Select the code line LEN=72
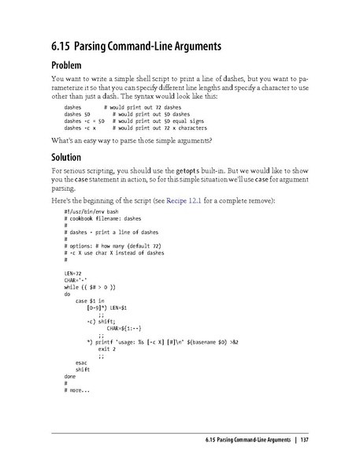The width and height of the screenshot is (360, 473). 73,272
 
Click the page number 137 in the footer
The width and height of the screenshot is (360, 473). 303,438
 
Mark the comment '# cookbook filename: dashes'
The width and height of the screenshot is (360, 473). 102,220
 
